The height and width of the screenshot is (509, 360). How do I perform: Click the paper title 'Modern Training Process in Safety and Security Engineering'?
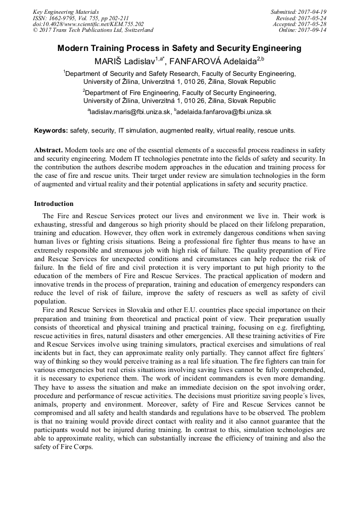coord(179,48)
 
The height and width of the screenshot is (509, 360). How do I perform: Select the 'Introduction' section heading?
coord(54,204)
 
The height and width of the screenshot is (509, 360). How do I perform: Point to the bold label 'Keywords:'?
coord(51,131)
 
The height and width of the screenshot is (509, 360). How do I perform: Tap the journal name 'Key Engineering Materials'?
coord(66,12)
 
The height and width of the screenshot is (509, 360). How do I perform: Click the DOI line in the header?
coord(88,24)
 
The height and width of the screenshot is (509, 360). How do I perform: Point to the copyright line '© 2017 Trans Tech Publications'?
coord(93,30)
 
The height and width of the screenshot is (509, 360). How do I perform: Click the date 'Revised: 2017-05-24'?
coord(301,18)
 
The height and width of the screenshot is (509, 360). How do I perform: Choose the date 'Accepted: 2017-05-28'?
coord(299,24)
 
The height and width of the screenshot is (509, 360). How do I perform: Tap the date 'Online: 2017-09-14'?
coord(302,30)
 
